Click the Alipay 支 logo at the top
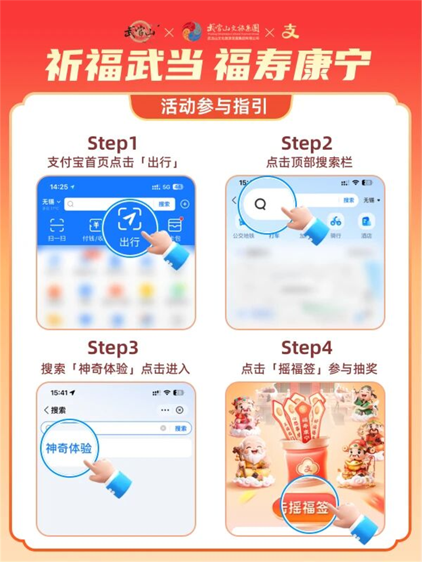(289, 31)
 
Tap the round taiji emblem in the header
(191, 31)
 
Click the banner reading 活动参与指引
(211, 107)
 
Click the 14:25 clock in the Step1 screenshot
(59, 187)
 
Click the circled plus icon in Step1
(185, 204)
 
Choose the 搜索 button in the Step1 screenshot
(164, 204)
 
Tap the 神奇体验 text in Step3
(69, 449)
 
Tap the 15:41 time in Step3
(60, 393)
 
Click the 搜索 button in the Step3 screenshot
(180, 429)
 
